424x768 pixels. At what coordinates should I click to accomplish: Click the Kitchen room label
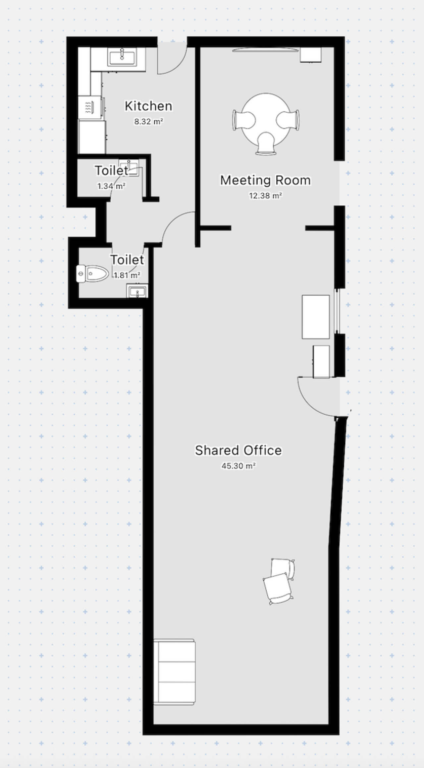pos(148,106)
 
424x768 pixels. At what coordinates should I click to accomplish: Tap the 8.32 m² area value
pos(148,121)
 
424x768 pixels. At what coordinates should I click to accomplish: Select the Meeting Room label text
pos(266,180)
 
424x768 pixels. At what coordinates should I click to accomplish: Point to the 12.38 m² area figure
pos(266,196)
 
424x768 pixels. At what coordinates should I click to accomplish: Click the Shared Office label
pos(238,450)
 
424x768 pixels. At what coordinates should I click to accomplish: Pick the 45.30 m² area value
pos(238,466)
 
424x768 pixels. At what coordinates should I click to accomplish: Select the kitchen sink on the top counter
pos(122,57)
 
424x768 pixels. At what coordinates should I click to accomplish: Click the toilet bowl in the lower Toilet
pos(93,274)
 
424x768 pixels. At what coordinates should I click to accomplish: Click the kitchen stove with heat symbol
pos(90,107)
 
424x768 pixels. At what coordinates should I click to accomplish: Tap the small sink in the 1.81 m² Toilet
pos(137,291)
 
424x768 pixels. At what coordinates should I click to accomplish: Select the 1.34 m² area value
pos(111,186)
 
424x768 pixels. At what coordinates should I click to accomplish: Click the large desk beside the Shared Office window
pos(316,317)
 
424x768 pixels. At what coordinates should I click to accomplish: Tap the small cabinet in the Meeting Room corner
pos(311,54)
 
